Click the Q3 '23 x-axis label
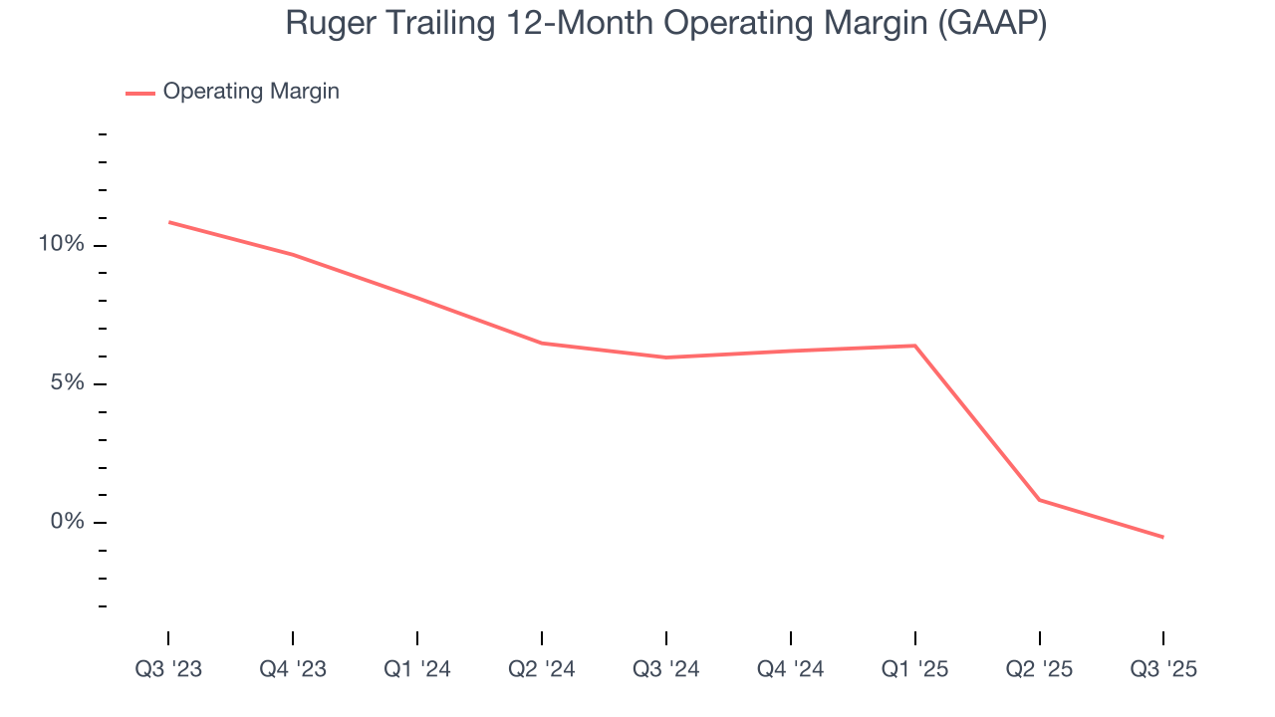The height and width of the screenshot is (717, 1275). tap(168, 669)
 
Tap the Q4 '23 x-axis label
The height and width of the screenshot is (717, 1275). tap(293, 669)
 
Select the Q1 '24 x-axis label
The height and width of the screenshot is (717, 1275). tap(417, 669)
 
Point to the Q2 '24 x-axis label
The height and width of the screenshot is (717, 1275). tap(542, 669)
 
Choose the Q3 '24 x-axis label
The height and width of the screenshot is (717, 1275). tap(666, 669)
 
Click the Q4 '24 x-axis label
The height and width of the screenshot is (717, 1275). tap(791, 669)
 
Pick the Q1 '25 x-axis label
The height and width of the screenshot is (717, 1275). tap(915, 669)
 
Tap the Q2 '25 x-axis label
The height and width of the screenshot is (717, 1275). tap(1040, 669)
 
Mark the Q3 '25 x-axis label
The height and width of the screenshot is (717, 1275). tap(1163, 669)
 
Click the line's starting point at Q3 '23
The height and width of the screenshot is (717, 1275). tap(168, 222)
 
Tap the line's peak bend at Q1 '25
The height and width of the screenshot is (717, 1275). tap(915, 346)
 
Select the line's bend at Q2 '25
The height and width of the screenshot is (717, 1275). tap(1040, 500)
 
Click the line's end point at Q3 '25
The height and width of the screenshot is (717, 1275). tap(1163, 538)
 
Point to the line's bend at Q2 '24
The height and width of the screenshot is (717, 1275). tap(542, 344)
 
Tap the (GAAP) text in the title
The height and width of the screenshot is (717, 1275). tap(991, 23)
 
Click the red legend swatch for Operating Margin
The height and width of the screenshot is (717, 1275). tap(139, 93)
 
